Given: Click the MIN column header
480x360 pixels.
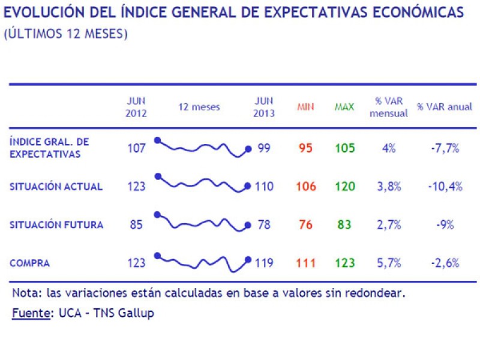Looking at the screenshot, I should point(305,107).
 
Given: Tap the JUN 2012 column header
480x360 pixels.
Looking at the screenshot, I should point(136,107).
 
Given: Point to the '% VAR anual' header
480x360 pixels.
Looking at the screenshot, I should point(445,107).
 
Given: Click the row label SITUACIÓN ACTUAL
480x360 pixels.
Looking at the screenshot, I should point(56,187).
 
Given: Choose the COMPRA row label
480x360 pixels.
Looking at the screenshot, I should point(29,263).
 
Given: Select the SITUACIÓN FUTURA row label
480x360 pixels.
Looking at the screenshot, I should point(56,225).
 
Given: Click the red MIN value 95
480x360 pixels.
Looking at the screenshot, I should point(305,148).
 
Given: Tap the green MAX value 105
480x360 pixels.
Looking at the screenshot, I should point(345,148).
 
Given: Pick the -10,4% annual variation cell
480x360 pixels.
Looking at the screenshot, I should point(445,187).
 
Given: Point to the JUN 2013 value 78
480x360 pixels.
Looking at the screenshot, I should point(264,225).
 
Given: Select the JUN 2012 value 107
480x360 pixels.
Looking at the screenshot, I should point(136,148).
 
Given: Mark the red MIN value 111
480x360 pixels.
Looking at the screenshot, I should point(305,263).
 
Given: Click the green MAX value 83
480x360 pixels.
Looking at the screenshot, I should point(345,225).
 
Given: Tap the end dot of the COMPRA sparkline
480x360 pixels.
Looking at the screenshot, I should point(248,259).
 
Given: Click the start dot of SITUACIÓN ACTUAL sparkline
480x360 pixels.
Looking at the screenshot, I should point(158,176).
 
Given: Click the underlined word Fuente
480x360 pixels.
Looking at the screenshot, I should point(31,313).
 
